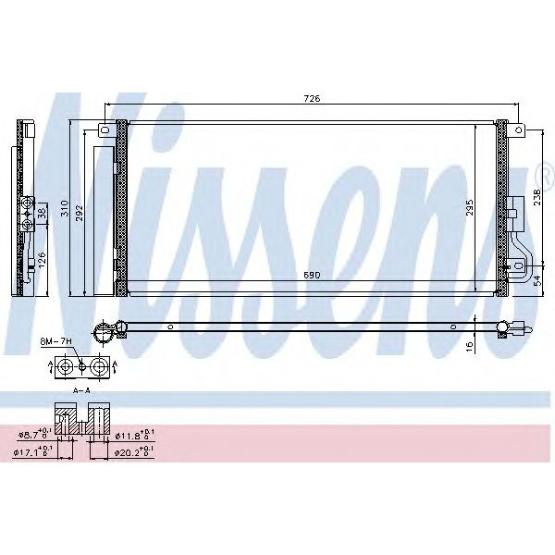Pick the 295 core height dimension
(470, 207)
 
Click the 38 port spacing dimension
(41, 211)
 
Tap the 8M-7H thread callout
(56, 342)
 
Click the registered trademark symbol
(546, 172)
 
